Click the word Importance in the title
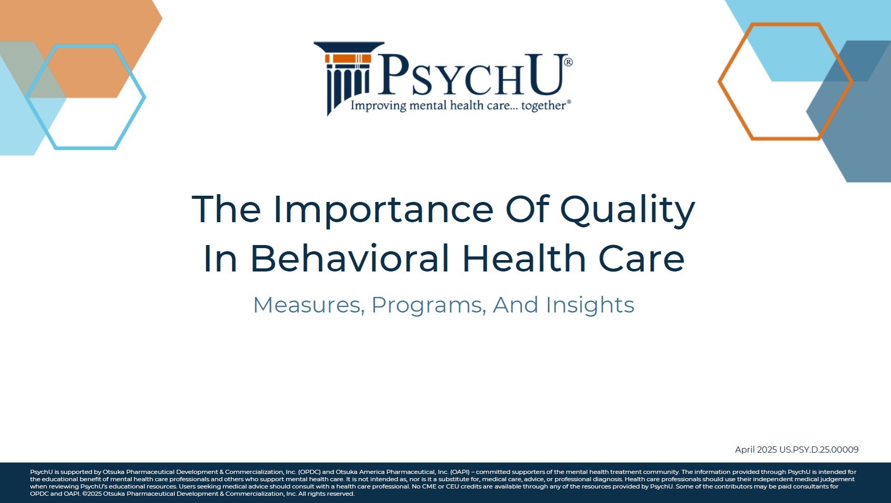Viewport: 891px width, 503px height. tap(383, 209)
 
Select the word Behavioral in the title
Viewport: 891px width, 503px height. tap(349, 258)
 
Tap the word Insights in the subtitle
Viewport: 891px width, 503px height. tap(590, 305)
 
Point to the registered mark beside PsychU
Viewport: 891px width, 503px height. tap(568, 62)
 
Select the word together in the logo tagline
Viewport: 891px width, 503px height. tap(544, 106)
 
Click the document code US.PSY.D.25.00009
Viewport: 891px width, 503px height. tap(819, 450)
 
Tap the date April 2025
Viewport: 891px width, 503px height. tap(755, 450)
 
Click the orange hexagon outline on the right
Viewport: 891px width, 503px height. tap(719, 81)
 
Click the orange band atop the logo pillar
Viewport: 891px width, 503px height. tap(348, 58)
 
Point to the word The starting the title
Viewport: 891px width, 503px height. tap(226, 209)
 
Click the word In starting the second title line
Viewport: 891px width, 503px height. tap(221, 259)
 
